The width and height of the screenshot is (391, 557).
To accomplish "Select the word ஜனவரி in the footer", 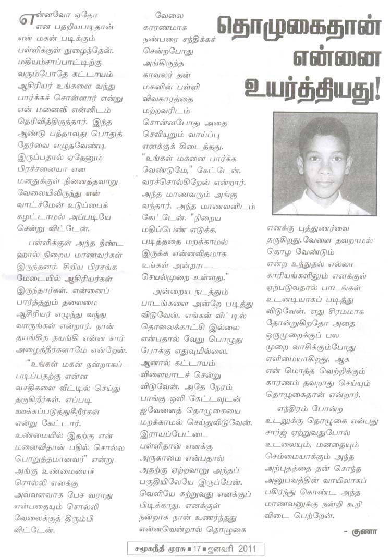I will pyautogui.click(x=222, y=549).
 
